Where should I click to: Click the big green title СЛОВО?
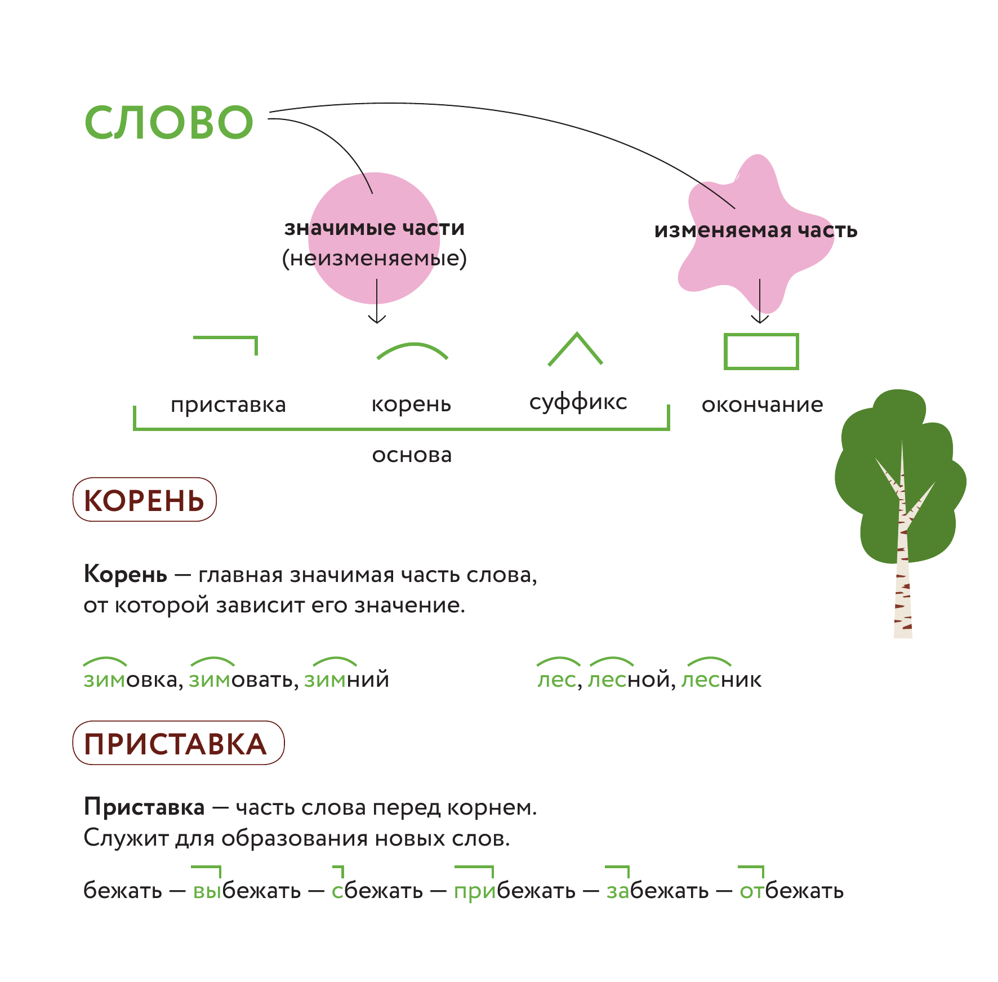[169, 122]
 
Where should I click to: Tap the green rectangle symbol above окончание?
[761, 352]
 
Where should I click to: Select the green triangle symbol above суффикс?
[576, 349]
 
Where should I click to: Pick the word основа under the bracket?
[412, 455]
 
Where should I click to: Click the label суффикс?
[578, 402]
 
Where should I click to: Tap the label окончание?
[762, 405]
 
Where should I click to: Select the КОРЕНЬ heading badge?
[145, 500]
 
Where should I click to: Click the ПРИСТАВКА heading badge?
[178, 743]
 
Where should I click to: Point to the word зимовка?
[131, 679]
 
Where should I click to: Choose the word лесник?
[721, 679]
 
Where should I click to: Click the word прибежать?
[514, 891]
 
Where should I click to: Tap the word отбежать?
[791, 891]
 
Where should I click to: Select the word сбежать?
[377, 891]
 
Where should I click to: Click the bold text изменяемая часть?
[755, 230]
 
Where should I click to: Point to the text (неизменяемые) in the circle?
[375, 259]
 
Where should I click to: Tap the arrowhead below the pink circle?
[377, 319]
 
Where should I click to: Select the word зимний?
[346, 679]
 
